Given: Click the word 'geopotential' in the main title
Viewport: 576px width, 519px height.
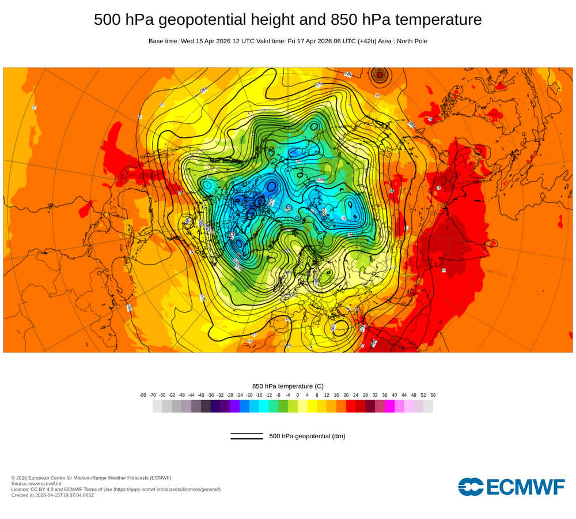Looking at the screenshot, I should [x=192, y=20].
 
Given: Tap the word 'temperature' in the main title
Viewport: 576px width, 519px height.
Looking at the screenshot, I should [x=438, y=20].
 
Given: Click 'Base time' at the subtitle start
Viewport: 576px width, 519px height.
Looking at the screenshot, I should [x=163, y=41].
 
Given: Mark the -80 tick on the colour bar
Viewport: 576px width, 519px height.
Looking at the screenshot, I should [x=143, y=395].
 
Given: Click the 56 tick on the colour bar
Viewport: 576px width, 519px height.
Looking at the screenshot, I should [x=433, y=395].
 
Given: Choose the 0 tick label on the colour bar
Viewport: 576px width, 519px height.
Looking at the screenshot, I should [x=298, y=395].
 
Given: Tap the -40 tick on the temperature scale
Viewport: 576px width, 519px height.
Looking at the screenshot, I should [x=201, y=395].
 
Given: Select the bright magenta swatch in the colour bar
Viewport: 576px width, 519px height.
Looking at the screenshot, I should [x=389, y=407].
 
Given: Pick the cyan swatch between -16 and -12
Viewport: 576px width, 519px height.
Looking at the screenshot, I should [x=264, y=407].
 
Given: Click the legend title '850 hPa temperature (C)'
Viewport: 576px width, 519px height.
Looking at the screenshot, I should [x=288, y=386].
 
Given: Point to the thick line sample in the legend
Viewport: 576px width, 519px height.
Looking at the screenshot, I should [x=247, y=439].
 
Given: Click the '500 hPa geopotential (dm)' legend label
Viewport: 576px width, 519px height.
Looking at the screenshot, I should [x=307, y=436].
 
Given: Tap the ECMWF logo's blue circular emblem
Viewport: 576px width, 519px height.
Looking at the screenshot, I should [x=471, y=487].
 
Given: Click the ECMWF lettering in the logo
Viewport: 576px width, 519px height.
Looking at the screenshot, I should [x=525, y=487].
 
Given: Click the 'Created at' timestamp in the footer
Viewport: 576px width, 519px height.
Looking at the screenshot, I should [x=52, y=495].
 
